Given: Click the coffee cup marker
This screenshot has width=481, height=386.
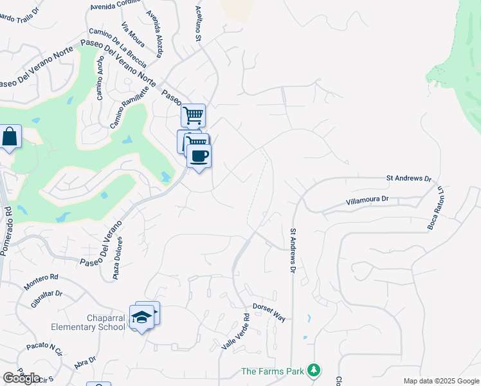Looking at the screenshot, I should (199, 156).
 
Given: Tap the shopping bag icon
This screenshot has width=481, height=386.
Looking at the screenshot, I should (10, 137).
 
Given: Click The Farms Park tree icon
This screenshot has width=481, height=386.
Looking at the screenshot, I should (314, 371).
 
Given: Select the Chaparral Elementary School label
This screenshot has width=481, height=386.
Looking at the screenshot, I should (106, 322).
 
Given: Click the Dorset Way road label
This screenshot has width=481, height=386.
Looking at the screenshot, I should (268, 312).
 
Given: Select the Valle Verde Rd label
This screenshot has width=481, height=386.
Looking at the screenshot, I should (236, 332).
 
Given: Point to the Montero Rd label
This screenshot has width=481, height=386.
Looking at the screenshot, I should (41, 281).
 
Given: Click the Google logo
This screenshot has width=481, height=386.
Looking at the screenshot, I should (22, 378).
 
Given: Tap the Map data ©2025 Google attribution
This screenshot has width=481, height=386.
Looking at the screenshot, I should (441, 381).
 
